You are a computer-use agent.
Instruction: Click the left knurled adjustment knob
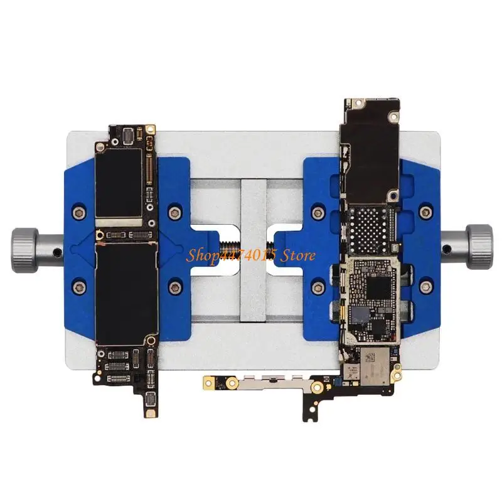pos(25,250)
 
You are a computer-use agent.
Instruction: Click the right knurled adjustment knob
pos(479,247)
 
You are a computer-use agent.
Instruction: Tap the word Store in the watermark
pos(297,255)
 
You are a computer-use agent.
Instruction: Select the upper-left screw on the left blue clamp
pos(79,212)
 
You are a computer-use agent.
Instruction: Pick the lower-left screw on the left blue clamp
pos(79,287)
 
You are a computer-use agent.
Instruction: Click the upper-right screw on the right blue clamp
pos(425,211)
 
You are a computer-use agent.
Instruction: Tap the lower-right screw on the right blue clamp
pos(425,287)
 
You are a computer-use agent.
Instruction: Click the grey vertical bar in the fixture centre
pos(254,250)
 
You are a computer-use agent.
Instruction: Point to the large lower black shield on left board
pos(127,294)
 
